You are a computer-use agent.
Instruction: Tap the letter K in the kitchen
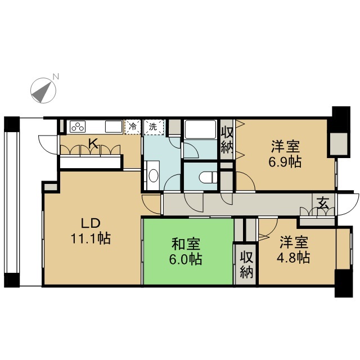click(93, 144)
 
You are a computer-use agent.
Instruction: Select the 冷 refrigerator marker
click(132, 127)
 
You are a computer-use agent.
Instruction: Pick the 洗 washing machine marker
click(152, 127)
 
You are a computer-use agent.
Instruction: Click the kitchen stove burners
click(77, 127)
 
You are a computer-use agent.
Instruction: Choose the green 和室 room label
click(185, 245)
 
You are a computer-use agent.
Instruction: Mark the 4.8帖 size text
click(295, 258)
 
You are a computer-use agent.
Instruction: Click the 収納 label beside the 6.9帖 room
click(227, 140)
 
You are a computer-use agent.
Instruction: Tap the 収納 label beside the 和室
click(246, 264)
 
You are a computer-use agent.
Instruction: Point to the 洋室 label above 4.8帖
click(294, 242)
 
